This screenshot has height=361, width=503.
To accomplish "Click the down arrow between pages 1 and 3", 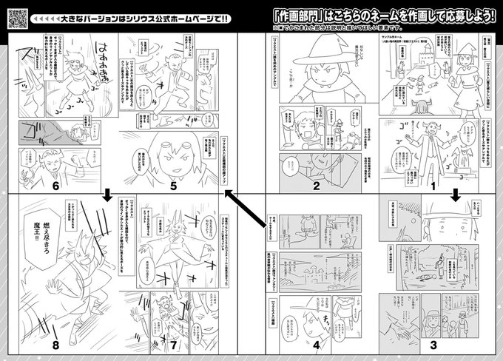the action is [456, 195].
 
